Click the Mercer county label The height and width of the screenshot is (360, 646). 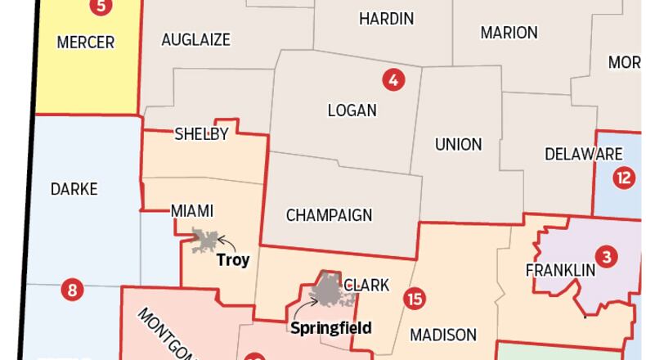pyautogui.click(x=85, y=43)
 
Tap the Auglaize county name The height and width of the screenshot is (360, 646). pyautogui.click(x=195, y=39)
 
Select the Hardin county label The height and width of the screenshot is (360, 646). pyautogui.click(x=386, y=18)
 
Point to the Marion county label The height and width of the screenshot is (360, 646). pyautogui.click(x=509, y=33)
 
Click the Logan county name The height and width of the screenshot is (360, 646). pyautogui.click(x=352, y=110)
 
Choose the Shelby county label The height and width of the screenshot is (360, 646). pyautogui.click(x=201, y=135)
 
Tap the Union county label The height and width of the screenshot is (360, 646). pyautogui.click(x=458, y=144)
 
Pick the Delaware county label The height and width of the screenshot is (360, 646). pyautogui.click(x=583, y=154)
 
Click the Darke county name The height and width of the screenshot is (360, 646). pyautogui.click(x=74, y=189)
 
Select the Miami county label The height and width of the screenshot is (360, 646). pyautogui.click(x=191, y=211)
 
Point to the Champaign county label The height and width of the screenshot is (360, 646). pyautogui.click(x=329, y=215)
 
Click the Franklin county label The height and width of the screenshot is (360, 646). pyautogui.click(x=559, y=269)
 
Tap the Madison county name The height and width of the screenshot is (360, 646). pyautogui.click(x=442, y=335)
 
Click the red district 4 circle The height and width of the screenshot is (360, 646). pyautogui.click(x=393, y=80)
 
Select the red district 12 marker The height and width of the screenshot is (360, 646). pyautogui.click(x=624, y=177)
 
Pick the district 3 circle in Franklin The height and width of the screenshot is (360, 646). pyautogui.click(x=606, y=257)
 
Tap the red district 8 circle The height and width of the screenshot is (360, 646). pyautogui.click(x=72, y=290)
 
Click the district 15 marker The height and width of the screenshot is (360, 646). pyautogui.click(x=415, y=298)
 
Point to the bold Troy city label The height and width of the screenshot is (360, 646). pyautogui.click(x=232, y=261)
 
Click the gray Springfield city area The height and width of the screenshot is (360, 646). pyautogui.click(x=329, y=289)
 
